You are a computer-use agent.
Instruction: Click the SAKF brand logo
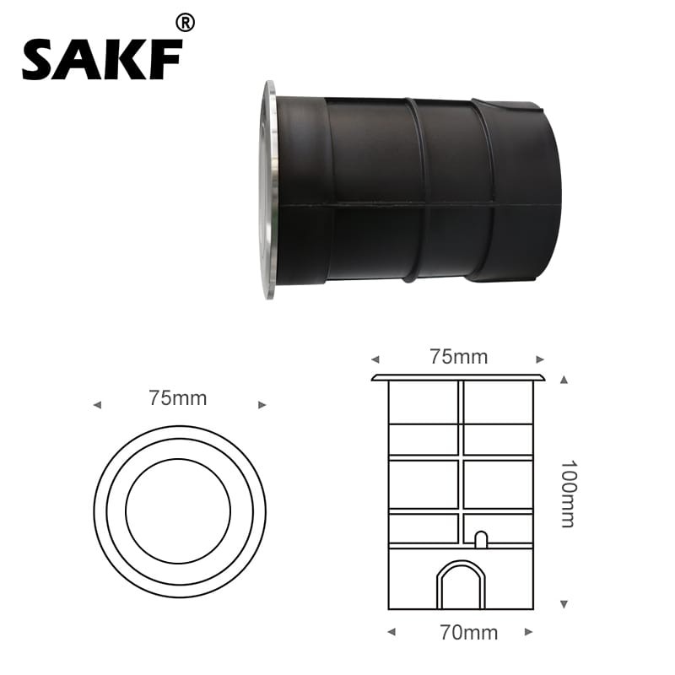point(102,59)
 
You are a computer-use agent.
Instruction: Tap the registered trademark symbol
point(186,23)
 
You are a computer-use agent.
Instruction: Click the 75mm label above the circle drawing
point(178,398)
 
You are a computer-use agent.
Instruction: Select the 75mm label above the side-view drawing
point(459,357)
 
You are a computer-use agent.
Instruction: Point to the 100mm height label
point(568,494)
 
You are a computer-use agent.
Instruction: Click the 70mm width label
point(469,633)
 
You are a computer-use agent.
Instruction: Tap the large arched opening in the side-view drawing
point(461,585)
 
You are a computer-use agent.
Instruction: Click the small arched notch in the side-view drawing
point(481,539)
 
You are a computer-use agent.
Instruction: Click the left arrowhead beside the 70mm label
point(391,632)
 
